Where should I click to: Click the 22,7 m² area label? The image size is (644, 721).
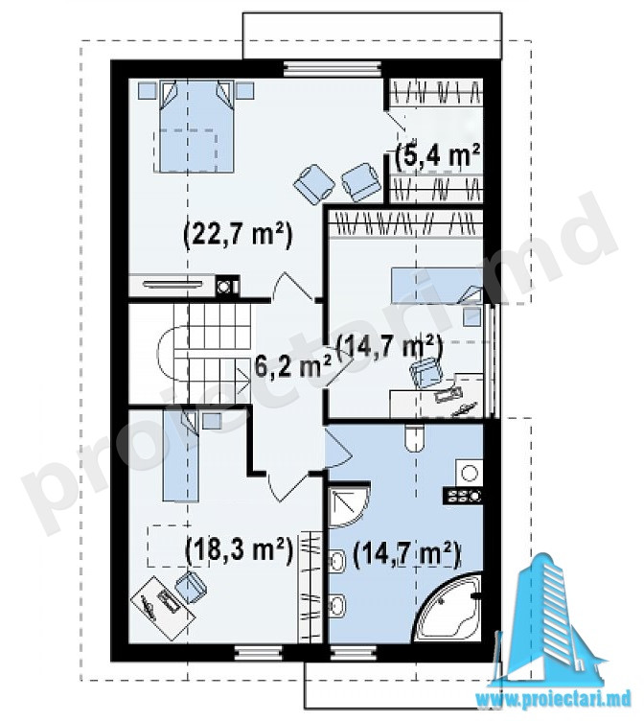click(238, 237)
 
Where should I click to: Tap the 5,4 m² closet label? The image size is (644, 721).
click(438, 156)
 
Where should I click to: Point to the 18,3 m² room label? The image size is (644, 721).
click(239, 549)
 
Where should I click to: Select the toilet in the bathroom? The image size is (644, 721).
click(416, 437)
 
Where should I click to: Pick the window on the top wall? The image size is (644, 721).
click(333, 69)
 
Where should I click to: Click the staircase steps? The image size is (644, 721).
click(211, 354)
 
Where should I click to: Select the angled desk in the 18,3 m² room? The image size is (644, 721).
click(163, 608)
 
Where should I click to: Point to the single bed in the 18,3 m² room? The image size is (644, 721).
click(181, 454)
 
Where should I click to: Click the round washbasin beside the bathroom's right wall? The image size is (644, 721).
click(470, 473)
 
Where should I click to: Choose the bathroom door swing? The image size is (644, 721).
click(338, 450)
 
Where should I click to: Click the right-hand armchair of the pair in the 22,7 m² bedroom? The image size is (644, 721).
click(361, 181)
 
